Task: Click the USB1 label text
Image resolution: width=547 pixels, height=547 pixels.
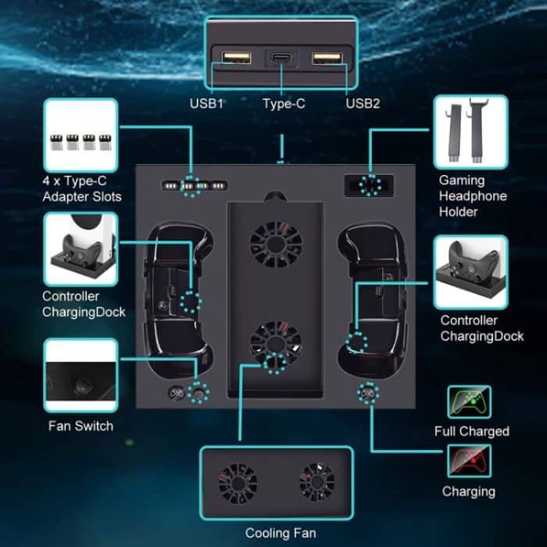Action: [206, 103]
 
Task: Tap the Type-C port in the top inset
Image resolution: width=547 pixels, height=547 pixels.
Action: [279, 59]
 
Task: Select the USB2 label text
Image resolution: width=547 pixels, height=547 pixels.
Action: [363, 103]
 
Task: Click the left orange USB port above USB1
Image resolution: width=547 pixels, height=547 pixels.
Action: [235, 59]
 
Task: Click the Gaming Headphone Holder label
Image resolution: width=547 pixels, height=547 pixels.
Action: [472, 196]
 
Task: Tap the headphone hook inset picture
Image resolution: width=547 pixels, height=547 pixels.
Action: [470, 132]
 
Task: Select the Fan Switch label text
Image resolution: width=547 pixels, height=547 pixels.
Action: [81, 426]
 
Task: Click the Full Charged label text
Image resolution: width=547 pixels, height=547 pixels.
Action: [471, 431]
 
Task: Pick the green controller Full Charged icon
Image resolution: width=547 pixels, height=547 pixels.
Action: [469, 402]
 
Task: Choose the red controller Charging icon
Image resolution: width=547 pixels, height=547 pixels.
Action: [469, 461]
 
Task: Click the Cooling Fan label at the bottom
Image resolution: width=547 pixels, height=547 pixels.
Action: [279, 533]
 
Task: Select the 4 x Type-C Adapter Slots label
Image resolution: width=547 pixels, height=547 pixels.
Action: [81, 188]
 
